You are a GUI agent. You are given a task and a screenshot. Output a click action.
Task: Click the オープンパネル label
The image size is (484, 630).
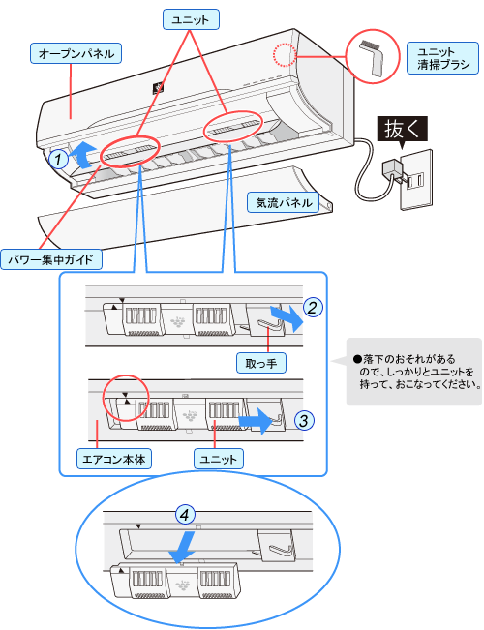[76, 53]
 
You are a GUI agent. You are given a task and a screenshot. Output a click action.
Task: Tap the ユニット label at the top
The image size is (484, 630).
[191, 19]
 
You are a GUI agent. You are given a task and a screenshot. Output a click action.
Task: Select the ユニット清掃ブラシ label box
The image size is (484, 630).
[443, 58]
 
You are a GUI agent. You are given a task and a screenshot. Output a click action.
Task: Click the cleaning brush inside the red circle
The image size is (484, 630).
[372, 57]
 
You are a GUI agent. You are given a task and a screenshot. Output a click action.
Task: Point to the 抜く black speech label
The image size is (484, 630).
[402, 130]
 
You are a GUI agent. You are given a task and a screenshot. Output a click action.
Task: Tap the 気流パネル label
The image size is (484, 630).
[284, 202]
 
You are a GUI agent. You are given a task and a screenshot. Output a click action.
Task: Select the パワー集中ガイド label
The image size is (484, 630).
[51, 259]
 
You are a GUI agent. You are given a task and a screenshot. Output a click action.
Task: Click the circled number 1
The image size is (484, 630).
[59, 159]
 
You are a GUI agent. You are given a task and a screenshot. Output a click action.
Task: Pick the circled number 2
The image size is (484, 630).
[313, 308]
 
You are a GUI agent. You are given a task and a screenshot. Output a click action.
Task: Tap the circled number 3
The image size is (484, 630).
[304, 421]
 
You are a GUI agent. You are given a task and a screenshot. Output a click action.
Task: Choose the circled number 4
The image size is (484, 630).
[185, 514]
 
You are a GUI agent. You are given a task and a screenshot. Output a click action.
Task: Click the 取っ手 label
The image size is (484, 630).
[261, 363]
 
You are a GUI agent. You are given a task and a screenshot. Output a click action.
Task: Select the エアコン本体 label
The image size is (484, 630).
[114, 459]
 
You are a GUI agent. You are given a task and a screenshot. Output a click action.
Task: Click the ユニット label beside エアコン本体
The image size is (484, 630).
[219, 459]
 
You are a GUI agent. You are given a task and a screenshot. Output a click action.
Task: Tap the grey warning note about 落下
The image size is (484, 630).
[414, 372]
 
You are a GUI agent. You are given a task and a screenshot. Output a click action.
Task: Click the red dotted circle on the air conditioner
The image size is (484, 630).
[285, 54]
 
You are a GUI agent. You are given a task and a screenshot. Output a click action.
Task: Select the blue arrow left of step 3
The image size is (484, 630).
[256, 421]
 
